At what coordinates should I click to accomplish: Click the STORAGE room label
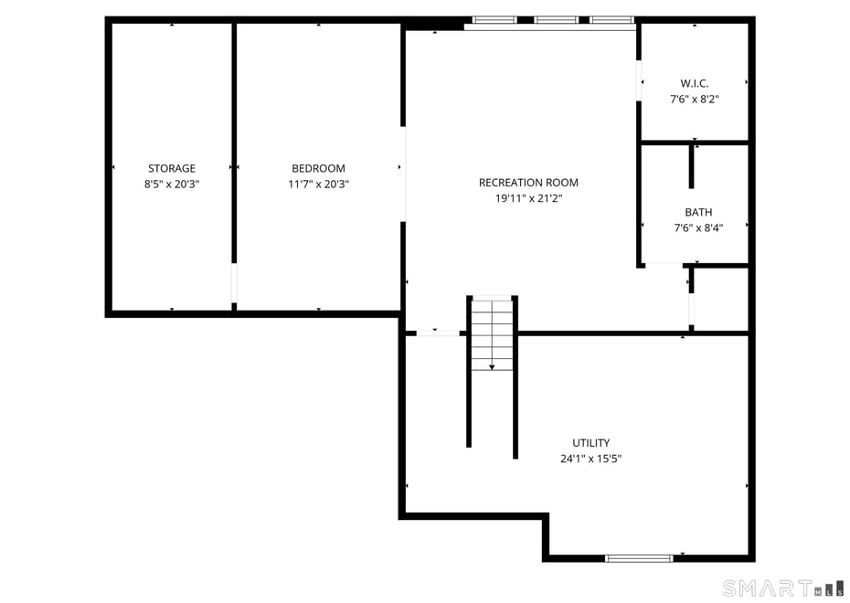(172, 168)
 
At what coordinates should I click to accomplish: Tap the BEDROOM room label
(318, 168)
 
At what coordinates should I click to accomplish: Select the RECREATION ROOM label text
(528, 183)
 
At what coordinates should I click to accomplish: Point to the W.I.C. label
(695, 83)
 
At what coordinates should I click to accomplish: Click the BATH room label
(698, 213)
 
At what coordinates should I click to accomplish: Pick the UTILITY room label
(590, 443)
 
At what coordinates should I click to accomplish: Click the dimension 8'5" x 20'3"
(172, 184)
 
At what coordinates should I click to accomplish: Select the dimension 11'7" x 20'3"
(318, 184)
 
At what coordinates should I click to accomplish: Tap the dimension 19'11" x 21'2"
(528, 198)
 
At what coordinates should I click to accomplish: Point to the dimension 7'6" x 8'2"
(695, 99)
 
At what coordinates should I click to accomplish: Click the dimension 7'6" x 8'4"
(698, 228)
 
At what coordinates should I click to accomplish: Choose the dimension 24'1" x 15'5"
(590, 459)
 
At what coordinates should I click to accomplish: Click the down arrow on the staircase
(492, 365)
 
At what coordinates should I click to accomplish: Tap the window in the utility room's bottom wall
(639, 557)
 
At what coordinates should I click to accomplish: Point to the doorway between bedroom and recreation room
(403, 174)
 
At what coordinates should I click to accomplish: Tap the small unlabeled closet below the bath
(721, 299)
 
